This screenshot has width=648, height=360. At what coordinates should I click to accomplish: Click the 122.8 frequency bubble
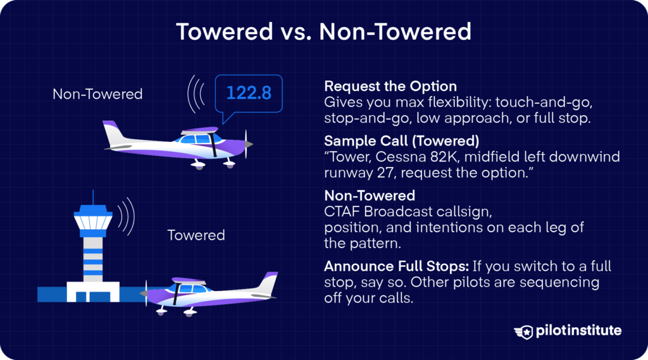coord(249,93)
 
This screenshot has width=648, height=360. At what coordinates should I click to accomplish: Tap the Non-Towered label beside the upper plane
coord(97,94)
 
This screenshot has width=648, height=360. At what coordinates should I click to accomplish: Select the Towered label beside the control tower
coord(196,235)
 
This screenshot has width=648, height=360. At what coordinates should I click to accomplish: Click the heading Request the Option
coord(390,86)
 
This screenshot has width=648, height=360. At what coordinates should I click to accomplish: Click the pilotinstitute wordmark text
coord(578,331)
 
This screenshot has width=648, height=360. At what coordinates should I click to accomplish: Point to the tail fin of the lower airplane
coord(270,282)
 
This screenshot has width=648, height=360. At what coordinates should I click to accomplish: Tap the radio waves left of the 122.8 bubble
coord(197,96)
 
